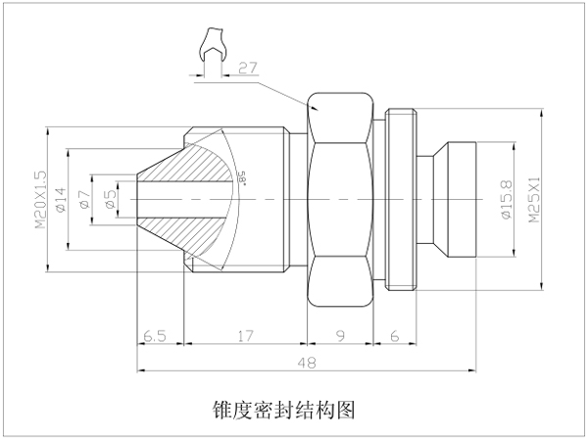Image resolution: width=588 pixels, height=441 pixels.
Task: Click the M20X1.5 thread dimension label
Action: click(41, 200)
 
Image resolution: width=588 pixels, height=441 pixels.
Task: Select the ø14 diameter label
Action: click(61, 200)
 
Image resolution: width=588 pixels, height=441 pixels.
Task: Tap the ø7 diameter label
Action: click(85, 200)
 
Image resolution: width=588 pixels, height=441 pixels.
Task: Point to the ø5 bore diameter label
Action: click(110, 200)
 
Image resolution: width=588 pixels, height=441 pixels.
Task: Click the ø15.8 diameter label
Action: click(507, 200)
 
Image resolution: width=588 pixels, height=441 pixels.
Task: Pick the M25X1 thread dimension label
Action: click(534, 200)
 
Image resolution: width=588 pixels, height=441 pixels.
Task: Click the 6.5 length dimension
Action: click(155, 336)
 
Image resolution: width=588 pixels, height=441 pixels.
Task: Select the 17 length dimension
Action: click(246, 336)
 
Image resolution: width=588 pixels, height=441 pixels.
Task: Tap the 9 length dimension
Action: click(340, 336)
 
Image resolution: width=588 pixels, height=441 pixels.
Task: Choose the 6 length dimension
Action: click(395, 336)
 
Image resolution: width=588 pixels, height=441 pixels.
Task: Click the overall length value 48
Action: click(307, 363)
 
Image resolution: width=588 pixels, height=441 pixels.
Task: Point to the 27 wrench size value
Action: click(248, 68)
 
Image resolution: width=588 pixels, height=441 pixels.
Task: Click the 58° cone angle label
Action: click(242, 178)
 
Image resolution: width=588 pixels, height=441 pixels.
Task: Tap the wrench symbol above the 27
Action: click(213, 44)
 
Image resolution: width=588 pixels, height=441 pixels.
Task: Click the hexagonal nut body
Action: click(340, 200)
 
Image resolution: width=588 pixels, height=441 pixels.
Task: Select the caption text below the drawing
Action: click(283, 411)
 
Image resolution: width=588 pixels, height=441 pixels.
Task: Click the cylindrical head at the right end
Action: click(461, 200)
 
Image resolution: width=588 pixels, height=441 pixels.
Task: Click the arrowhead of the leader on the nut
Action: click(316, 109)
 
